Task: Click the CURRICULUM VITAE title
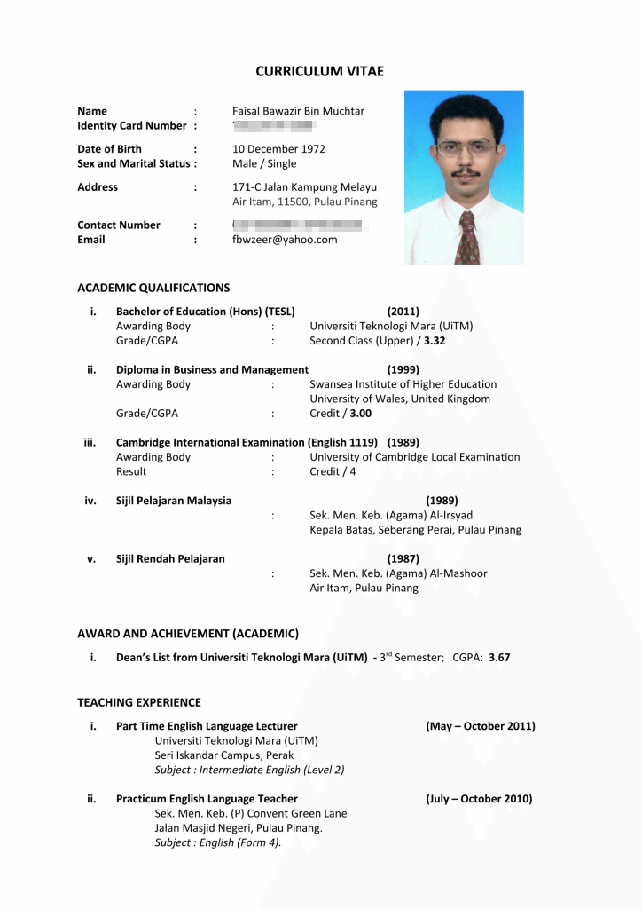[320, 71]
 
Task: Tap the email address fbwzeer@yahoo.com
[285, 240]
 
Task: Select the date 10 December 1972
[278, 149]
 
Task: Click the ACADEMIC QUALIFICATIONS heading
[153, 288]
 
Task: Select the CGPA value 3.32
[435, 340]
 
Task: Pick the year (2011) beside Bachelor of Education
[403, 312]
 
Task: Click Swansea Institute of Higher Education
[403, 384]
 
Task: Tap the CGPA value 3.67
[499, 658]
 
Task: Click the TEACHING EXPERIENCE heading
[139, 702]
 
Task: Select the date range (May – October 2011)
[481, 726]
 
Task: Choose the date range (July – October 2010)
[479, 799]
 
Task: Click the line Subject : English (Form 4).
[218, 842]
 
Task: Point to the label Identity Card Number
[132, 126]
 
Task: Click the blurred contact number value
[300, 225]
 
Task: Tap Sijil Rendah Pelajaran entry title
[170, 559]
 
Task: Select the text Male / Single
[264, 163]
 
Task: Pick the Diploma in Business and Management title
[212, 369]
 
